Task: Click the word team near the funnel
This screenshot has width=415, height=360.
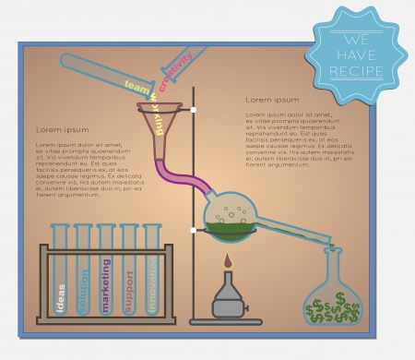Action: coord(136,88)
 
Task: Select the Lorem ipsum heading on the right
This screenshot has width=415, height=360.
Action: coord(272,100)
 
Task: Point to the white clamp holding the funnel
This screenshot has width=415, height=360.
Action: coord(194,110)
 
